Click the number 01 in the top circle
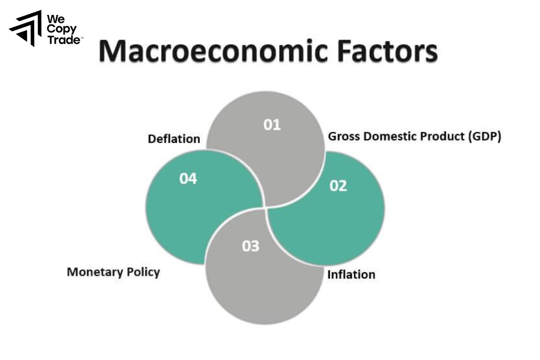coord(272,125)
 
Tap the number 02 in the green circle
coord(338,185)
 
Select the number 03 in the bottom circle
coord(251,246)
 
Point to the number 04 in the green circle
coord(188,179)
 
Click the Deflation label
coord(174,139)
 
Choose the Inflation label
coord(351,274)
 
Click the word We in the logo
coord(55,19)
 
